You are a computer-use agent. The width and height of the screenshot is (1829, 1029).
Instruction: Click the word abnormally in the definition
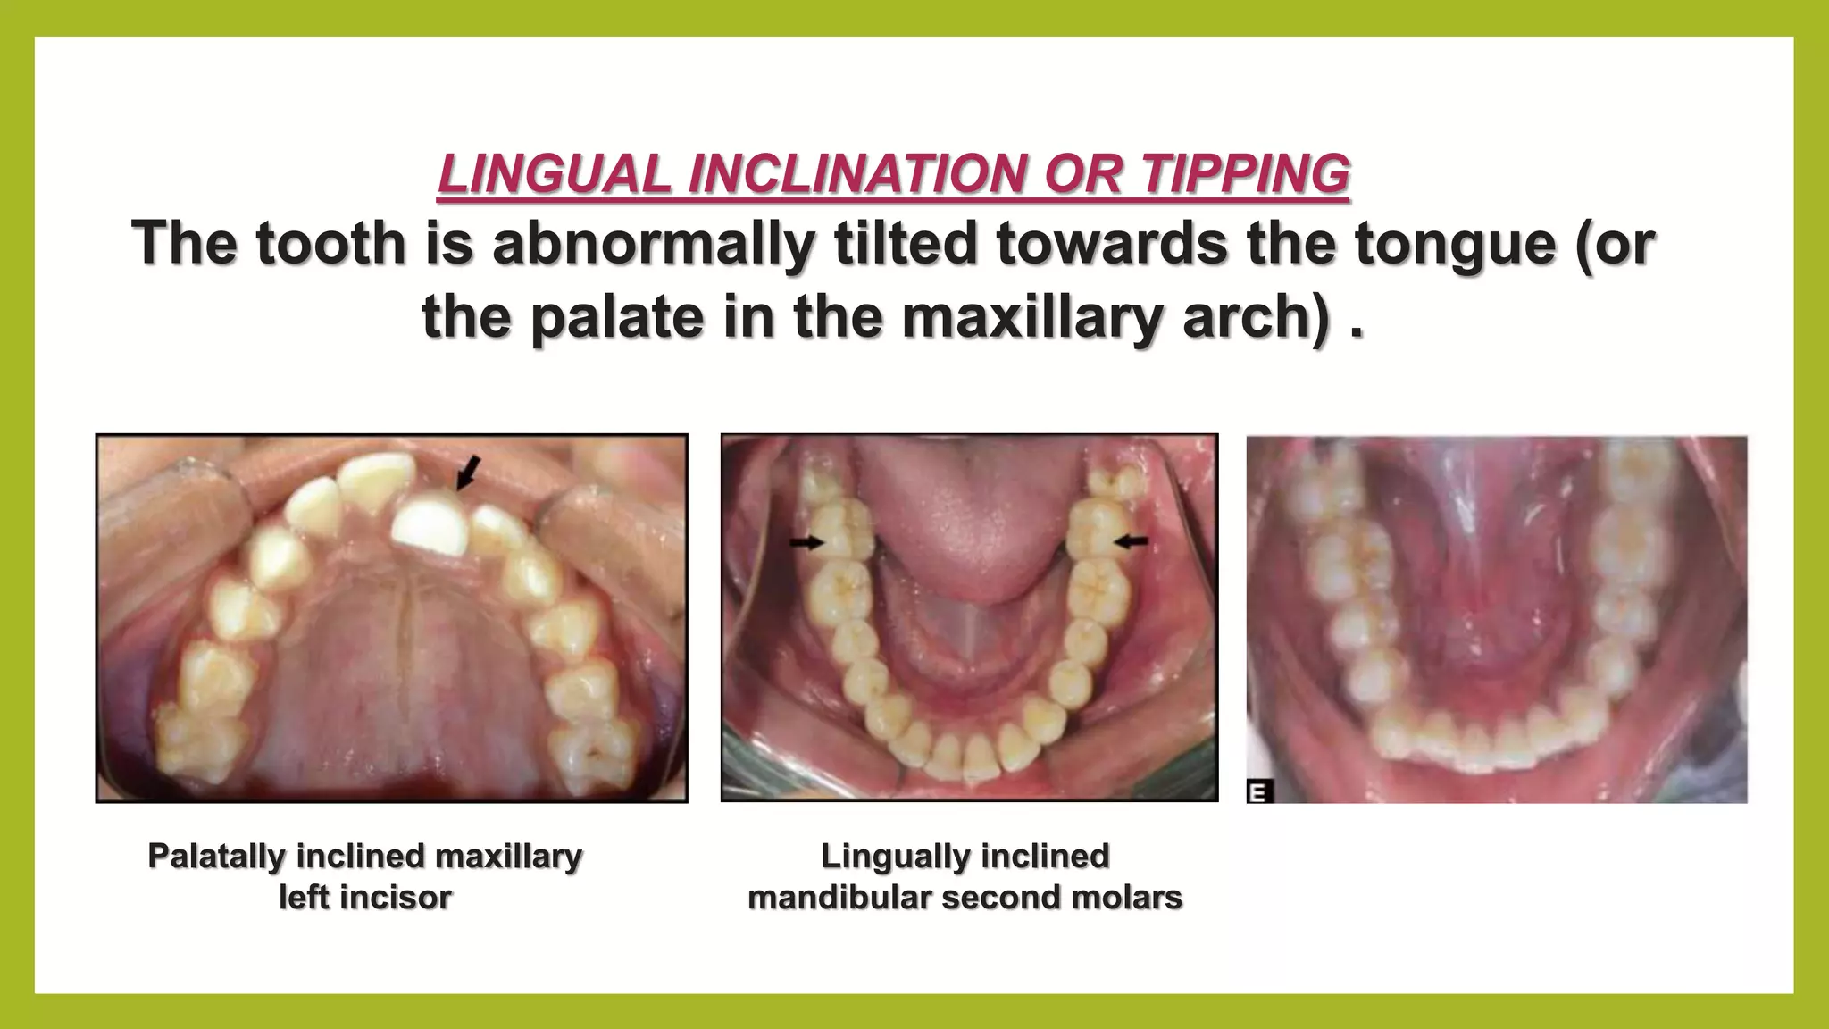[x=653, y=243]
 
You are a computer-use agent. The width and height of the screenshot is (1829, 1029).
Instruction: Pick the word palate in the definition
[x=616, y=317]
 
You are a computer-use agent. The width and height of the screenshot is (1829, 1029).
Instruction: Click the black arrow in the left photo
[x=468, y=472]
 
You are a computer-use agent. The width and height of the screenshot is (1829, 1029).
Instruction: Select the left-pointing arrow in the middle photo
[x=1132, y=540]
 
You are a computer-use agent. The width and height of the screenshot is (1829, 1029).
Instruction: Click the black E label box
[x=1260, y=791]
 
